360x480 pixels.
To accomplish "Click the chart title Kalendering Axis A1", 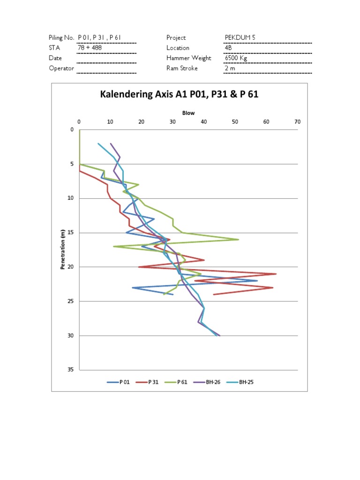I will (180, 95).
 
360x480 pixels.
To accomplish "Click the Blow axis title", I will (188, 113).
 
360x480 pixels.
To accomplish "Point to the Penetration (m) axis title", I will (62, 249).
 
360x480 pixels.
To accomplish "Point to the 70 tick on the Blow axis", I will (297, 122).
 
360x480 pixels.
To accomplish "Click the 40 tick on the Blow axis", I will (204, 122).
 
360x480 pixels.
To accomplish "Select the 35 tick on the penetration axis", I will (71, 370).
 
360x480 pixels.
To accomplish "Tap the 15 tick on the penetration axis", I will (71, 233).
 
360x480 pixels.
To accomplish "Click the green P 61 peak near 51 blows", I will (238, 240).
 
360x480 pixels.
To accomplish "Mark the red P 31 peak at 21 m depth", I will (276, 274).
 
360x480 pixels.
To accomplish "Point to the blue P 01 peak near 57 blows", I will (257, 281).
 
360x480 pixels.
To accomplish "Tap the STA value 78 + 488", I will (90, 48).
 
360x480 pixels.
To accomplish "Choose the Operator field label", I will (61, 68).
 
